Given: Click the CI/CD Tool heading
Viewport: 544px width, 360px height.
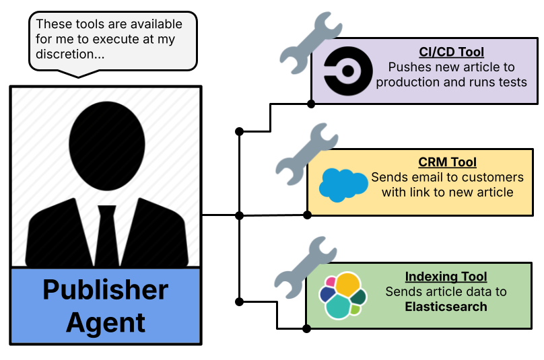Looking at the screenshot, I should (451, 52).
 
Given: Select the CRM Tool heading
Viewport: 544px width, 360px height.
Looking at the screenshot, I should (447, 162).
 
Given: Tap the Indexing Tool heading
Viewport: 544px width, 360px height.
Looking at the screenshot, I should (446, 277).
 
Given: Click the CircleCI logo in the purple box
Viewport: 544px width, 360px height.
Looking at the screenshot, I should (345, 69).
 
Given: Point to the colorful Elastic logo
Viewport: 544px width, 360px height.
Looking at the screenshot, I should (342, 295).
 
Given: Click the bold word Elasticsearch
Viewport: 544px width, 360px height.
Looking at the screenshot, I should (446, 307).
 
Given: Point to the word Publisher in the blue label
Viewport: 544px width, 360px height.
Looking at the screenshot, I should (106, 290).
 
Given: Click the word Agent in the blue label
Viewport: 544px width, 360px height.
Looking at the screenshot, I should (106, 322).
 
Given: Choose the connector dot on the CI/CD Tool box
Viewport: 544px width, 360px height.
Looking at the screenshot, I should (311, 104).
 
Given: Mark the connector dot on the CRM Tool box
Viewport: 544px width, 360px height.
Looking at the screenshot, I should (308, 215).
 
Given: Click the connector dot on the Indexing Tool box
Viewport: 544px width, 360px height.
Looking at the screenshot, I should (306, 328).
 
